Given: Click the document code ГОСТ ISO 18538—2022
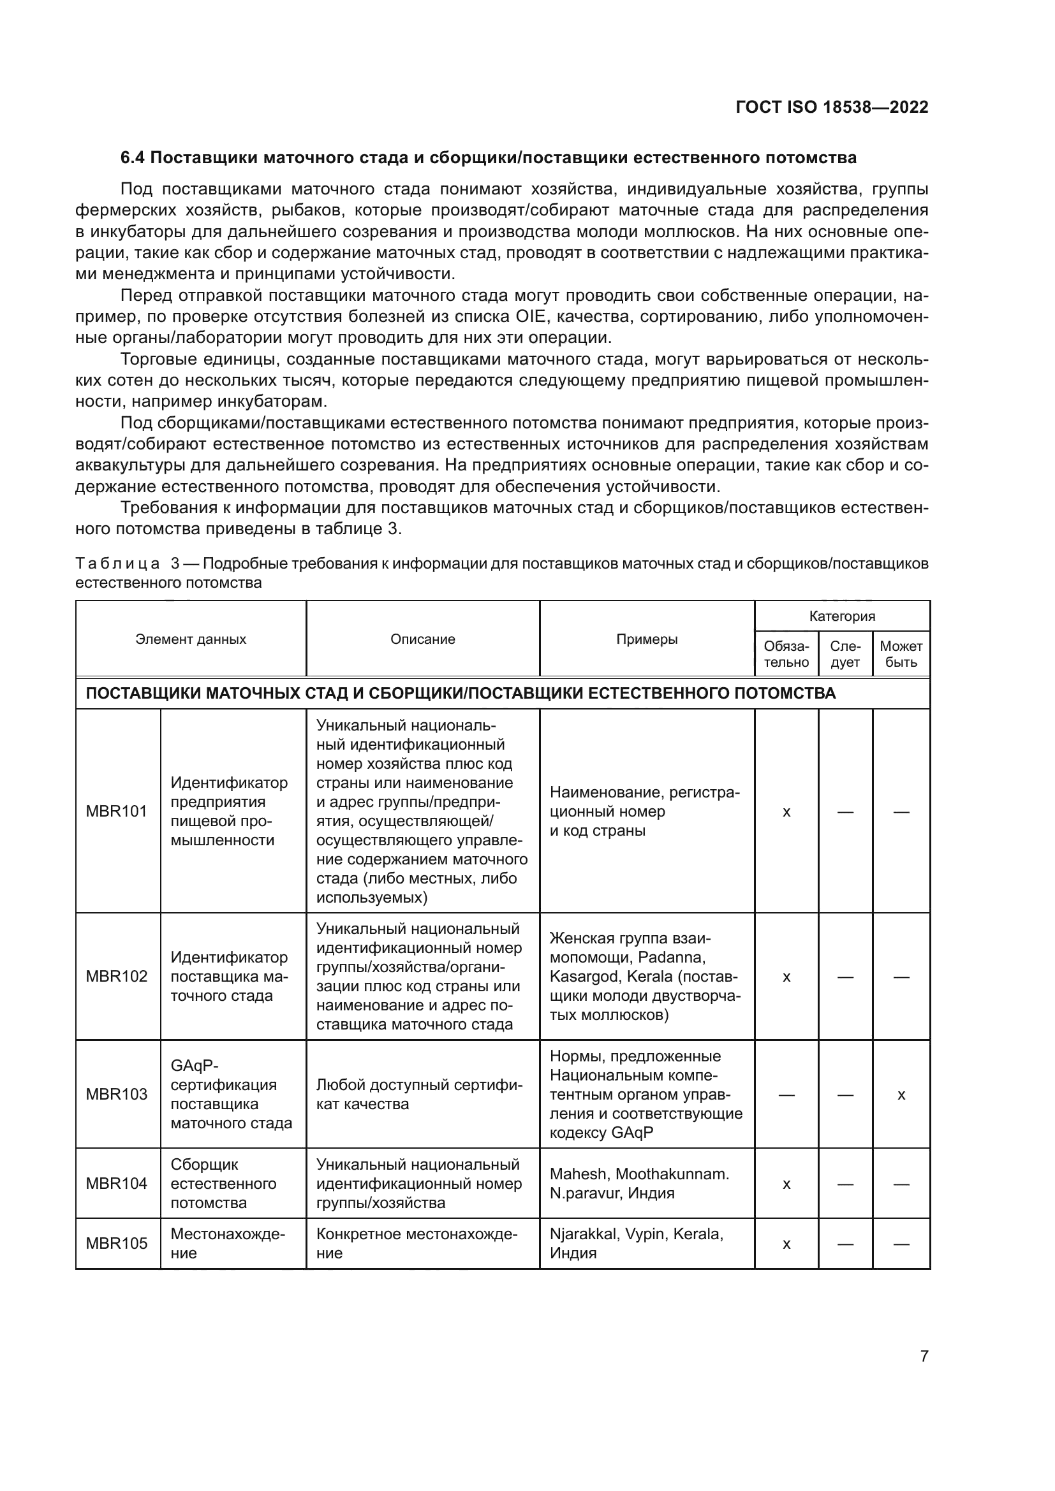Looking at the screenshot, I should tap(832, 108).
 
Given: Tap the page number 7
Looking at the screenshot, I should tap(924, 1356).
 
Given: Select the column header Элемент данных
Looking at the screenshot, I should tap(190, 639).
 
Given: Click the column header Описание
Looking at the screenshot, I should tap(422, 639).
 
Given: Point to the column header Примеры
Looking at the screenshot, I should tap(646, 639).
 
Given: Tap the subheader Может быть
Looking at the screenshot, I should tap(901, 654).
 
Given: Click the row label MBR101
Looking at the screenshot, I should tap(116, 811).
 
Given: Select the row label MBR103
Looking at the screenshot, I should tap(116, 1095).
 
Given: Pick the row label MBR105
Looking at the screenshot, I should tap(116, 1243).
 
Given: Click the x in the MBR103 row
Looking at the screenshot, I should tap(901, 1095).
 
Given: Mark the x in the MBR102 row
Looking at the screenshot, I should tap(786, 977).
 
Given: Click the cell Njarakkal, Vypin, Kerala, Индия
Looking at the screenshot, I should tap(636, 1243).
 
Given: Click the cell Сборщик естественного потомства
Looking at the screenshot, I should tap(223, 1183).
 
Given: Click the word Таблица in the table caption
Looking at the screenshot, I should tap(117, 563).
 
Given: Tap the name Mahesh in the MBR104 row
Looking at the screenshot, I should tap(577, 1174).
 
